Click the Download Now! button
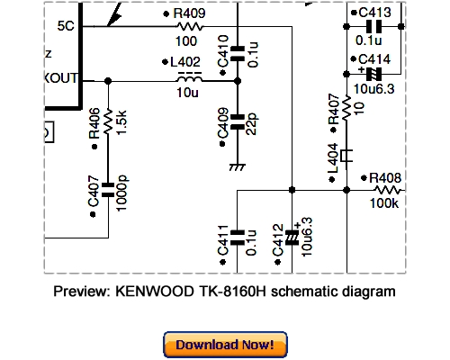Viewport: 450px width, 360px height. [x=225, y=344]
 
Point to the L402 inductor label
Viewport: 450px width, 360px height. [x=186, y=62]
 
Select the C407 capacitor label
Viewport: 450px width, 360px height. [x=94, y=205]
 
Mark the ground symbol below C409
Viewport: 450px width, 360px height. [x=238, y=166]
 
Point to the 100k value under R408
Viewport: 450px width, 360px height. [x=384, y=203]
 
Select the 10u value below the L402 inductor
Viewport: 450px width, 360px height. [x=188, y=94]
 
